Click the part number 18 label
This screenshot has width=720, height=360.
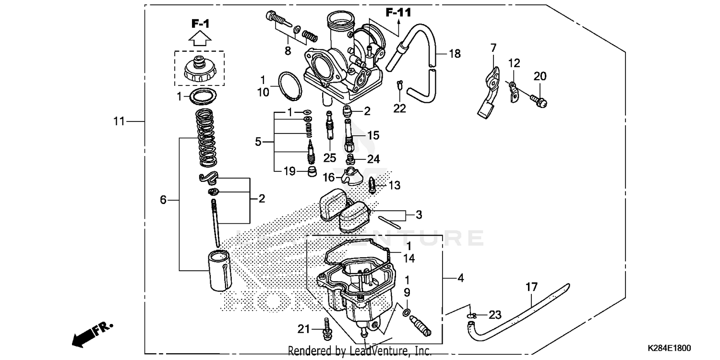pyautogui.click(x=454, y=54)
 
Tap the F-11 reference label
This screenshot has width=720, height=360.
pyautogui.click(x=398, y=12)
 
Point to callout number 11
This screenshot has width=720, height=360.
pyautogui.click(x=119, y=121)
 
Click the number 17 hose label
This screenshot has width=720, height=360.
pyautogui.click(x=531, y=288)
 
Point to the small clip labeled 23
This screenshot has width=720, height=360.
pyautogui.click(x=472, y=315)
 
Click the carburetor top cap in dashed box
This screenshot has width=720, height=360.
pyautogui.click(x=200, y=70)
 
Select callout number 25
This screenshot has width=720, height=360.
pyautogui.click(x=329, y=158)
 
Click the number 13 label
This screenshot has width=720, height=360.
pyautogui.click(x=394, y=185)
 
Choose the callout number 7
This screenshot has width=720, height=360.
pyautogui.click(x=493, y=48)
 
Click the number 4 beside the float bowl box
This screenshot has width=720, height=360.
pyautogui.click(x=460, y=277)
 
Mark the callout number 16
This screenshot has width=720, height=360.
pyautogui.click(x=328, y=178)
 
